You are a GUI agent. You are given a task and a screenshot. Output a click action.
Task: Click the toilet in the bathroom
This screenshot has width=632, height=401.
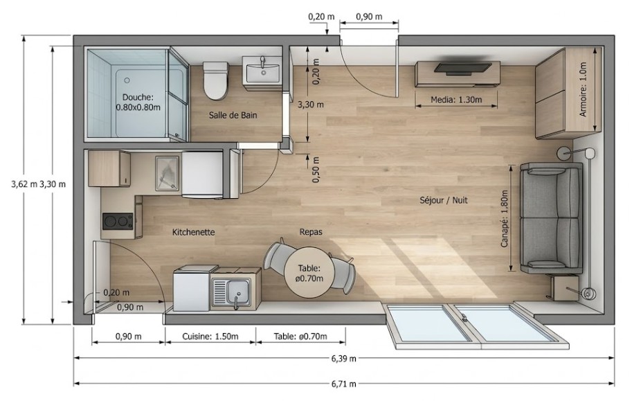tap(216, 80)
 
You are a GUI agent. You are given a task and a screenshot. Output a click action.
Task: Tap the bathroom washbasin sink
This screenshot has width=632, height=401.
tap(264, 73)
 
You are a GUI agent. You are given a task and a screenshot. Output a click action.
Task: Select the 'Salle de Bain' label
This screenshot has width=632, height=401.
tap(233, 116)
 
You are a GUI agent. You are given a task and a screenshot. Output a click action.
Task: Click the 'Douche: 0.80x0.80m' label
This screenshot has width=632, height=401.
tap(138, 103)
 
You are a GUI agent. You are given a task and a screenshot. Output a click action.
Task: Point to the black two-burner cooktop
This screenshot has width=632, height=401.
tap(118, 221)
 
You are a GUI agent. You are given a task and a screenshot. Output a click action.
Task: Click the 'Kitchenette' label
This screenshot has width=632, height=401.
tap(193, 233)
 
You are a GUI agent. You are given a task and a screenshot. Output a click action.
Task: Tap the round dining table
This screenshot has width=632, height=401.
tap(309, 273)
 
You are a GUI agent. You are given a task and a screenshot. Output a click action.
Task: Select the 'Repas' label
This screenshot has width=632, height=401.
tap(311, 232)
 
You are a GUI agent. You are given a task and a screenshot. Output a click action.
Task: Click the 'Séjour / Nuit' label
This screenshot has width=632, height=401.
tap(443, 200)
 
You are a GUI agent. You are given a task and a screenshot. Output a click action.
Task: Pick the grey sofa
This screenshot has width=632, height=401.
tap(551, 218)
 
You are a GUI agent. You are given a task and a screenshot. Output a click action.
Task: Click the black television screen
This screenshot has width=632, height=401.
tap(462, 68)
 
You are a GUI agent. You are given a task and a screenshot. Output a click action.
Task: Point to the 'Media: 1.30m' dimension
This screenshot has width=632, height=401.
tap(456, 100)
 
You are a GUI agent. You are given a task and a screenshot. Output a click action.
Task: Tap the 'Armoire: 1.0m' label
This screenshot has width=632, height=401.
tap(583, 89)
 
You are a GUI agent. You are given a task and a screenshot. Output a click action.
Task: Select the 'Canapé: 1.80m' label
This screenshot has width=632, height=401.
tap(504, 219)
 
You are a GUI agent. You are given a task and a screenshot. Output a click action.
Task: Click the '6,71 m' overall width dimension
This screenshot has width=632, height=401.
tap(344, 384)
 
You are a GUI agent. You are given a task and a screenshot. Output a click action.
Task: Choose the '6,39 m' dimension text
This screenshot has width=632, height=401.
tap(344, 358)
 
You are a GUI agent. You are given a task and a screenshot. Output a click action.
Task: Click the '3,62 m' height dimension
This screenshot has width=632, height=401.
tap(24, 184)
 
